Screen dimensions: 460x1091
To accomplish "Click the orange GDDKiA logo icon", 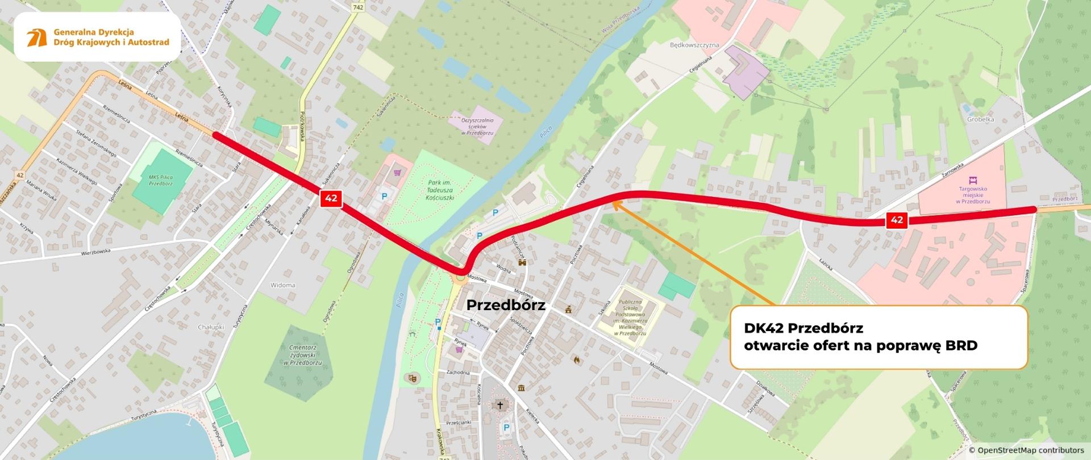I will point(37,37).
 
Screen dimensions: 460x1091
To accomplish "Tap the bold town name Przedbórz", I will point(505,306).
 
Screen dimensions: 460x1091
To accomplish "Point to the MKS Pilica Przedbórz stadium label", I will point(161,181).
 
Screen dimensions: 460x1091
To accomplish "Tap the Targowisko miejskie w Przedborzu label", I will point(973,195).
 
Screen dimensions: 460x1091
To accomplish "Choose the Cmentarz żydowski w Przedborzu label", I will point(302,355).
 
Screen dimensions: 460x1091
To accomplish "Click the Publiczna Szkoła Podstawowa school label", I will point(630,317).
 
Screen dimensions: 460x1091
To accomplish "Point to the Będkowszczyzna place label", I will point(694,45).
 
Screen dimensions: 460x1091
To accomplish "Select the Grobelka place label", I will point(980,120).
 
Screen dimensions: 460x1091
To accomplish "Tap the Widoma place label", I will point(282,285).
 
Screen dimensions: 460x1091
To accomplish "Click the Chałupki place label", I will point(211,327).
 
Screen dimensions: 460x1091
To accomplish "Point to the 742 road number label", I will point(357,7).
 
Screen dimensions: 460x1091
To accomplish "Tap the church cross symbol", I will point(500,405).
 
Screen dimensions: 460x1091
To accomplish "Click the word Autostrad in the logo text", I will point(149,42).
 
